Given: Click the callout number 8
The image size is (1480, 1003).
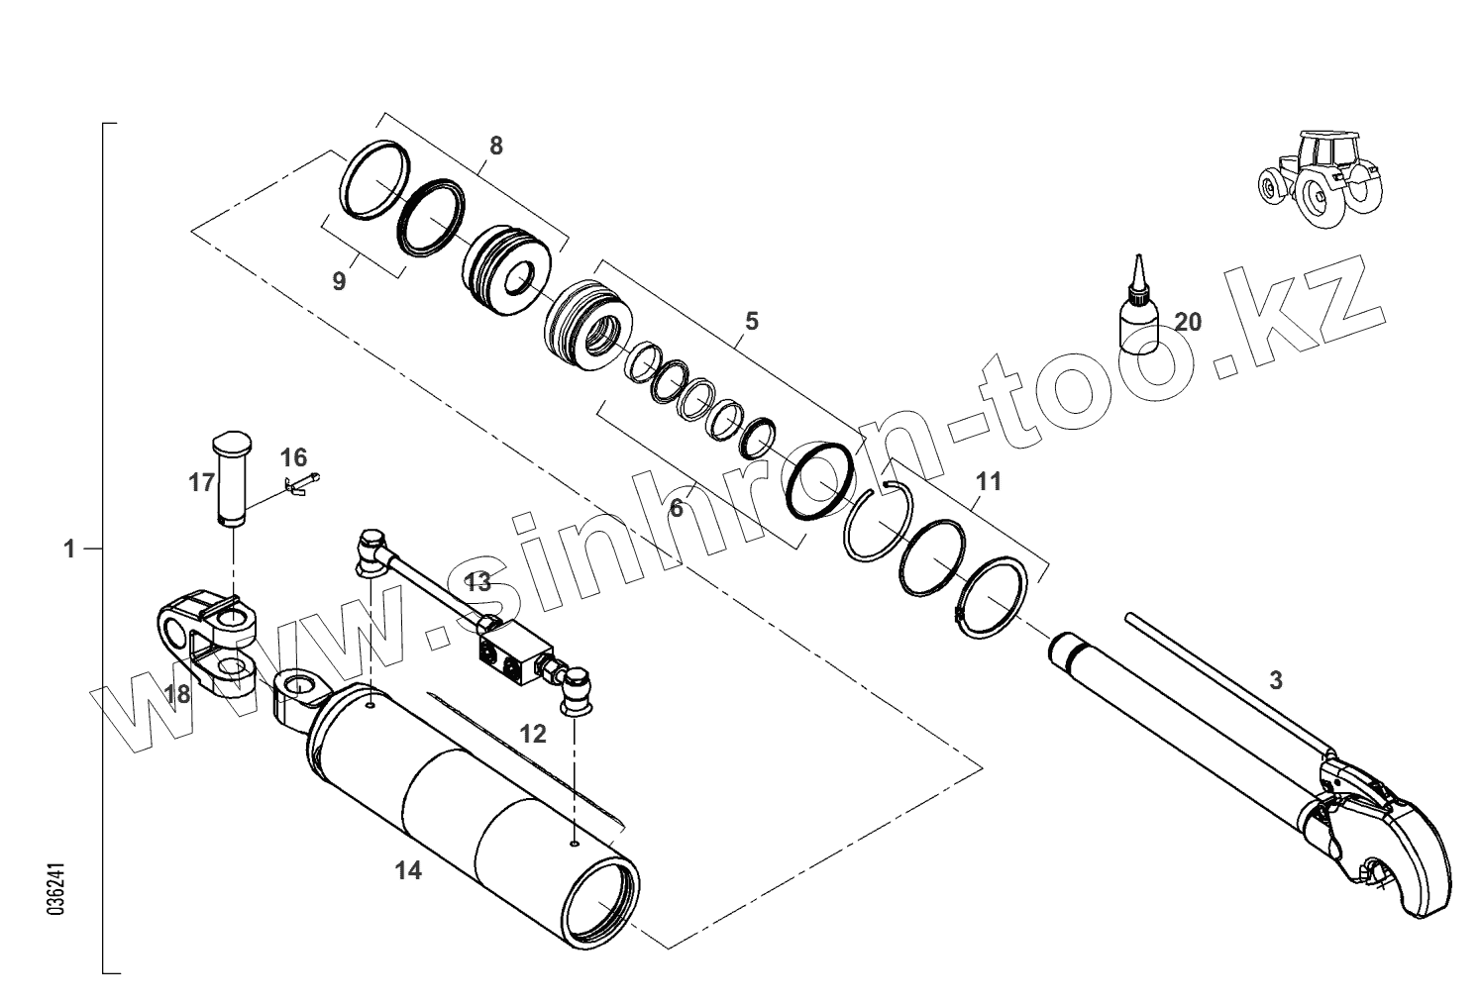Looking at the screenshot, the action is click(x=495, y=146).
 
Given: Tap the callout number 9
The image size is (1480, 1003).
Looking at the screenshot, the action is click(x=339, y=281).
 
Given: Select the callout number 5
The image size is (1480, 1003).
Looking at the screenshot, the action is click(x=751, y=321).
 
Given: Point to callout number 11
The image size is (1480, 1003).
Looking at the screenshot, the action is click(x=988, y=482).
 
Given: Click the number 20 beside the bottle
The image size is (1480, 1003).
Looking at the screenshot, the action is click(x=1188, y=321).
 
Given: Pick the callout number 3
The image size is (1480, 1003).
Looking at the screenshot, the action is click(x=1276, y=680).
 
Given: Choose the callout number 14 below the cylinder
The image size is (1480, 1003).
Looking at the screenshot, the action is click(x=408, y=870).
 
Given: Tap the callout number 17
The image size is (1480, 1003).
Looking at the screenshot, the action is click(x=201, y=482).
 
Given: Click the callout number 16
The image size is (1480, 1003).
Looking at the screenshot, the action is click(x=293, y=457).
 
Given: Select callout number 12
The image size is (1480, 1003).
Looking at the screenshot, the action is click(x=533, y=734).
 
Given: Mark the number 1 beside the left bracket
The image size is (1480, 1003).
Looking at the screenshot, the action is click(x=69, y=548).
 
